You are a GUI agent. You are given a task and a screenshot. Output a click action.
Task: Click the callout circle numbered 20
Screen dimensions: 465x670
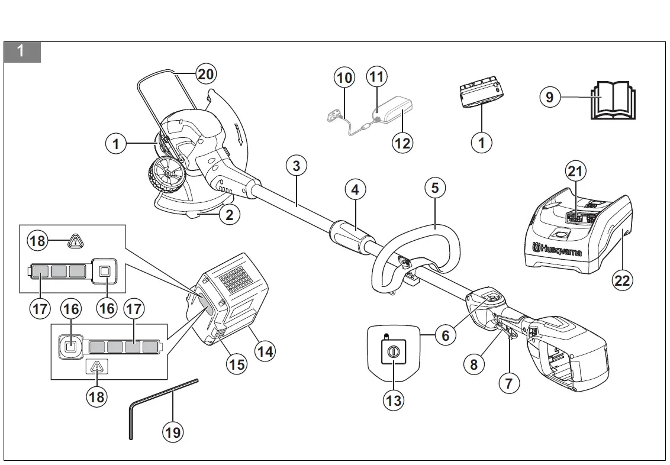point(205,74)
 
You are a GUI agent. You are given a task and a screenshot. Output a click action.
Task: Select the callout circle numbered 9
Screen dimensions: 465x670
point(550,96)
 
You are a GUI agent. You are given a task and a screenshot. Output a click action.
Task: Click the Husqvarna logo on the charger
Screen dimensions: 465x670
point(556,250)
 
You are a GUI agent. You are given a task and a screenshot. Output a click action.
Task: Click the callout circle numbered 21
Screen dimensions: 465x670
point(575,172)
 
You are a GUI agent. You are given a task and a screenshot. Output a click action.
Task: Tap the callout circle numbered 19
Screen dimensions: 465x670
point(172,432)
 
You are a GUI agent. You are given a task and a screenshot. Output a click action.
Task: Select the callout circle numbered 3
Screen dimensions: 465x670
point(296,166)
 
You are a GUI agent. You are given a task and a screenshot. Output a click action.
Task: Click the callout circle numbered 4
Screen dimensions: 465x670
point(355,190)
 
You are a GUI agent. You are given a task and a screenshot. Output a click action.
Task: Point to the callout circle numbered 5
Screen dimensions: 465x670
point(435,188)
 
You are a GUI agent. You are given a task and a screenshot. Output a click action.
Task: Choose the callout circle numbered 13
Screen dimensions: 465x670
point(393,401)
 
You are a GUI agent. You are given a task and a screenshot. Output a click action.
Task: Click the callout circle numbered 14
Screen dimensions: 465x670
point(265,351)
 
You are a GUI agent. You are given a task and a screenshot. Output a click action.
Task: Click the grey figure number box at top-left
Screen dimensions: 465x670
point(22,51)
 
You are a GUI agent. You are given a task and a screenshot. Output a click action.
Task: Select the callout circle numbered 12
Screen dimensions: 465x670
point(402,143)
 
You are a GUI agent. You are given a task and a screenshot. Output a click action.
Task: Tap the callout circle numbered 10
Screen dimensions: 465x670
point(344,77)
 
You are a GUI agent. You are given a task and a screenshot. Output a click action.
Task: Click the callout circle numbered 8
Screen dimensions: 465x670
point(473,364)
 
